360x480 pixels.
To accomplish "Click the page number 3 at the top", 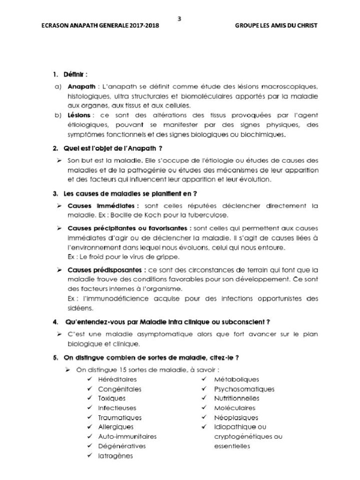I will (x=180, y=19).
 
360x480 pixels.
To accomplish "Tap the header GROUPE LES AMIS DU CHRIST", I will (x=276, y=26).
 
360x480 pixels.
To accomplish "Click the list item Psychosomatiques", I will (x=244, y=389).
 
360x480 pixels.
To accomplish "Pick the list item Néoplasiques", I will (x=236, y=418).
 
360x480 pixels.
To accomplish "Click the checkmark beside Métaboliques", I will (x=204, y=379).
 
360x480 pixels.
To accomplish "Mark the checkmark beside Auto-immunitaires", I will (x=89, y=436).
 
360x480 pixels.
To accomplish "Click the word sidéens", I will (x=81, y=308).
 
